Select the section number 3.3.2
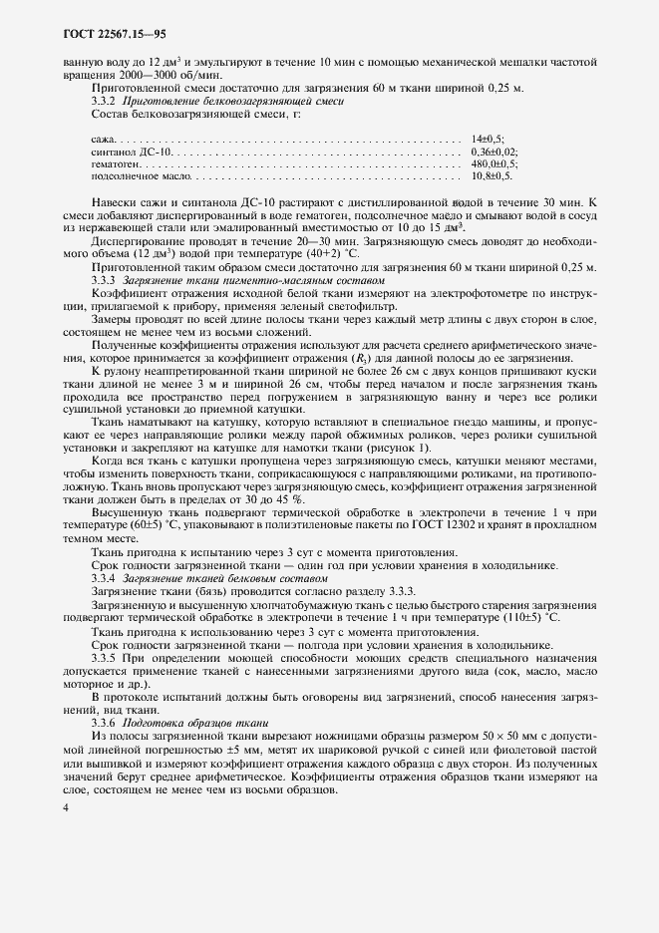tap(104, 101)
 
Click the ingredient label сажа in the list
tap(102, 137)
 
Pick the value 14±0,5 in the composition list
tap(487, 137)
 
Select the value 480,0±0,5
tap(494, 162)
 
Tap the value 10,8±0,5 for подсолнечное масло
tap(491, 175)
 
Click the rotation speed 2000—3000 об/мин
tap(154, 75)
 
